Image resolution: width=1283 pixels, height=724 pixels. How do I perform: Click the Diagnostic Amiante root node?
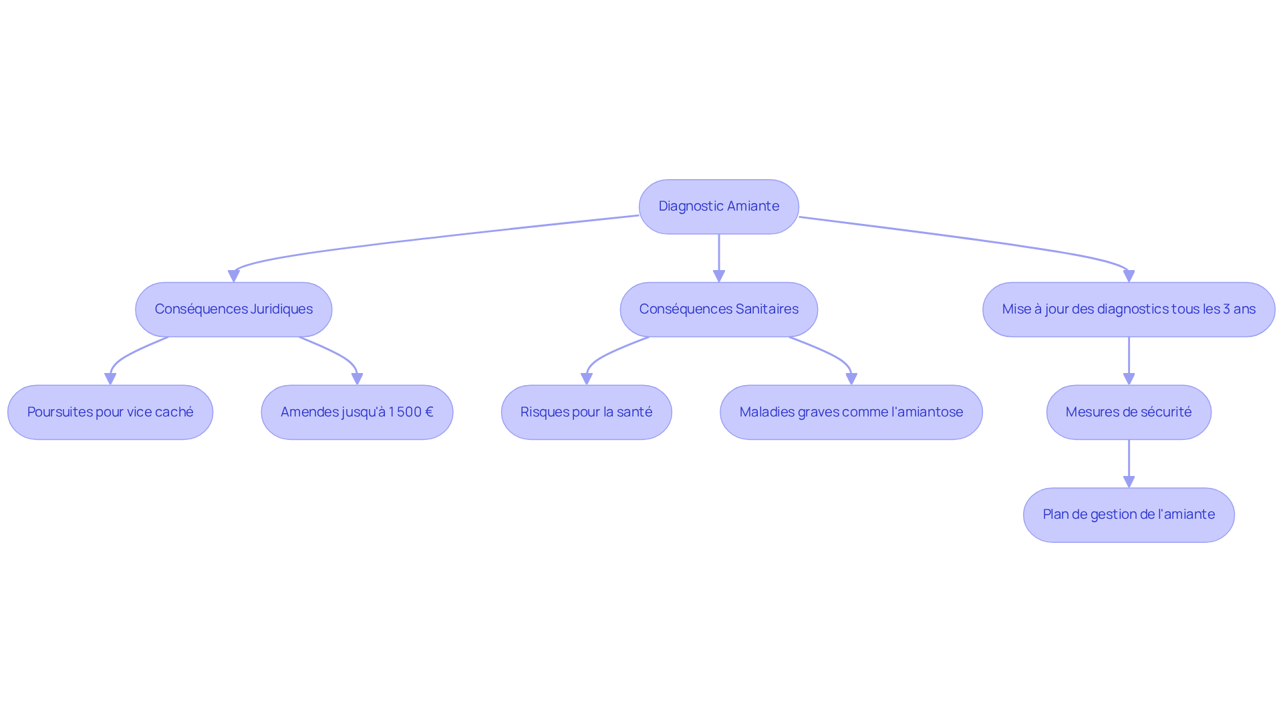click(x=718, y=207)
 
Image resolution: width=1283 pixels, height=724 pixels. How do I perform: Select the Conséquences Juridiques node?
click(x=233, y=310)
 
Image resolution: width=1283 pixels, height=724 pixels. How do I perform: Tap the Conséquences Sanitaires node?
click(x=718, y=310)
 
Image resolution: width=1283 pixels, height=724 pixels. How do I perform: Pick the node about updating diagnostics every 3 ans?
click(x=1128, y=310)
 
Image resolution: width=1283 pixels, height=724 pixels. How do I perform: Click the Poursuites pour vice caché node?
click(x=110, y=412)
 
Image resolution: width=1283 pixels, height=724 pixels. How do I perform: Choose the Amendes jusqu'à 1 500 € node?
click(x=357, y=412)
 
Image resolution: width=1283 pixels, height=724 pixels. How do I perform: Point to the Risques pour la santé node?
click(x=586, y=412)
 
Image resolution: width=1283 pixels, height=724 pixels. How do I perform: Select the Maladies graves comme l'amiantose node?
click(x=851, y=412)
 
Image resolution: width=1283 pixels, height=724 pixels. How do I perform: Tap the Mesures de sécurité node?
click(x=1128, y=412)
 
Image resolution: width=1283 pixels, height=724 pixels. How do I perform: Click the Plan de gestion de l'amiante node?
click(x=1128, y=515)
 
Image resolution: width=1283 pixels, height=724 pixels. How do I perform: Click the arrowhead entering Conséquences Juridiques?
click(x=234, y=275)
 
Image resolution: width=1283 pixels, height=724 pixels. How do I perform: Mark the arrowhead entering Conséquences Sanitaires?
click(x=719, y=275)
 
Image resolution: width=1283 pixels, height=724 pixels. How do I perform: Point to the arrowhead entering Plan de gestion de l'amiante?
click(x=1129, y=481)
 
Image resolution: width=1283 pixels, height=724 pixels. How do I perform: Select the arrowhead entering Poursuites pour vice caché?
click(x=110, y=378)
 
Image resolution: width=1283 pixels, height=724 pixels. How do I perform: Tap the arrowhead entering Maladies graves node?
click(x=851, y=378)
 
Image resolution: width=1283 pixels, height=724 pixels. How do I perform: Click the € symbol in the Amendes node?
click(x=428, y=412)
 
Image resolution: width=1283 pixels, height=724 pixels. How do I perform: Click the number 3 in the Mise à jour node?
click(x=1226, y=310)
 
